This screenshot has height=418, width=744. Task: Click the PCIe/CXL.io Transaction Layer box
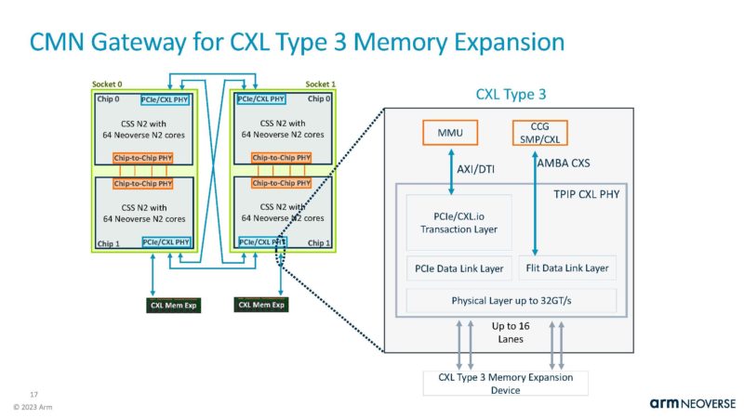tap(456, 222)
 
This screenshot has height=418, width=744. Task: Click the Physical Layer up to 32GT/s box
tap(511, 300)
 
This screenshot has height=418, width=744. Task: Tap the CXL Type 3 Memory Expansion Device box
tap(505, 383)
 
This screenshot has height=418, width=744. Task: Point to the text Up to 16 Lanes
tap(511, 333)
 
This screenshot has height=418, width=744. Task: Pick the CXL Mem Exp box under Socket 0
tap(174, 304)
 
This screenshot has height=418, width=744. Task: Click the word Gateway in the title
tap(139, 43)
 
